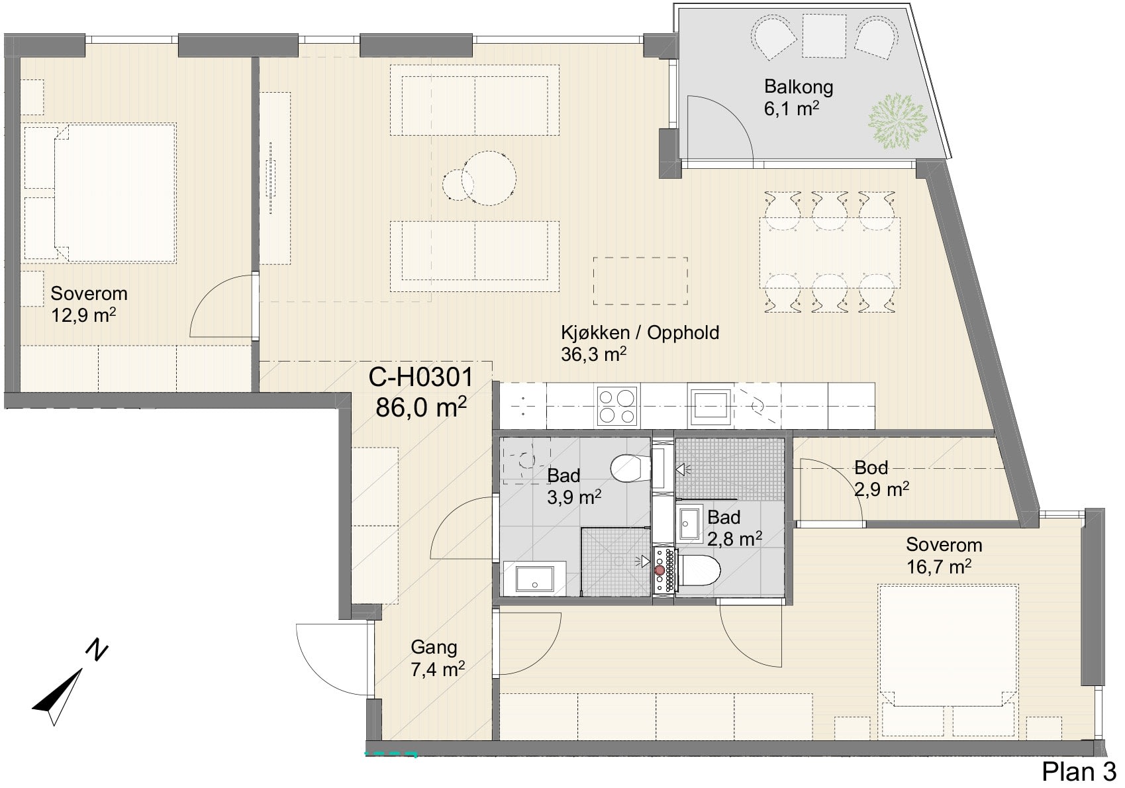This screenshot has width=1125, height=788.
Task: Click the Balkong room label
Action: coord(799,87)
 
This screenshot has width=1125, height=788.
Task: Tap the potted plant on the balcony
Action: coord(897,121)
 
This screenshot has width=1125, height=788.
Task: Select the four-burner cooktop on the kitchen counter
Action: coord(617,406)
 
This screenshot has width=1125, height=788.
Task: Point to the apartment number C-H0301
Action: coord(421,377)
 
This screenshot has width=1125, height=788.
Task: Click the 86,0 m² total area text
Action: coord(421,407)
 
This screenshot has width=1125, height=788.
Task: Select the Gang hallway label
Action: coord(434,648)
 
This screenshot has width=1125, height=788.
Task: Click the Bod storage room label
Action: coord(871,468)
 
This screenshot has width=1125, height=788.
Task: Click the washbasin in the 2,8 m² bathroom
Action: coord(689,523)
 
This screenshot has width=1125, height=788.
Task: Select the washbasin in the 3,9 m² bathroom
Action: coord(535,578)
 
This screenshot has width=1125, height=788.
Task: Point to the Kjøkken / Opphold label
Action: coord(640,332)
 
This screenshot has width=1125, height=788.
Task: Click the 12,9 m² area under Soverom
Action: coord(83,315)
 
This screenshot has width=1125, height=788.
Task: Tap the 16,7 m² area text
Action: coord(939,567)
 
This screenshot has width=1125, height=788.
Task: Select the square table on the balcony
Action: coord(824,35)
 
